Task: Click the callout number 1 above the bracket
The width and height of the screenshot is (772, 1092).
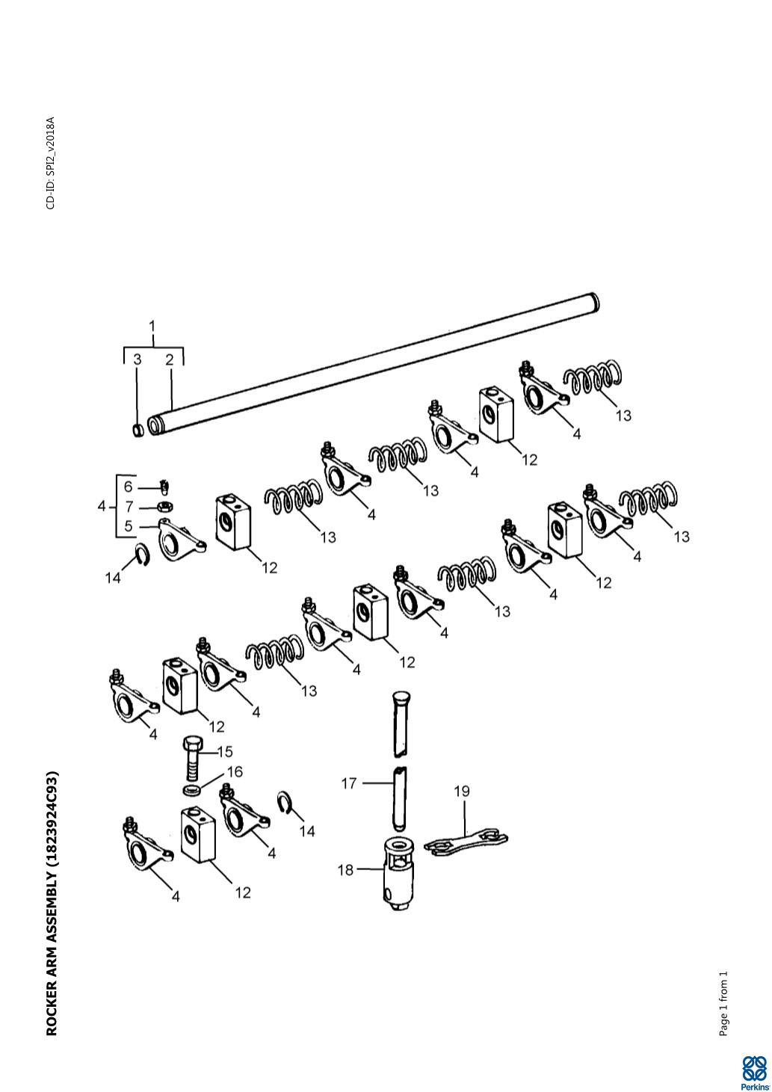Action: pyautogui.click(x=152, y=326)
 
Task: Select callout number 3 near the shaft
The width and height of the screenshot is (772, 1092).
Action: pyautogui.click(x=138, y=360)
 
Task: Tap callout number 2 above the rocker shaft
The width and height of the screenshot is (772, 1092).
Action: pyautogui.click(x=169, y=360)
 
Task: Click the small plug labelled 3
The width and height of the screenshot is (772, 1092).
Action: pyautogui.click(x=138, y=431)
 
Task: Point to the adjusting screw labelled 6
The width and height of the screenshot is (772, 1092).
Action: pyautogui.click(x=164, y=486)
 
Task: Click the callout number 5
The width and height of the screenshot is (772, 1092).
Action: pyautogui.click(x=129, y=526)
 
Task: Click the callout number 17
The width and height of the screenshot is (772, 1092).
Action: pyautogui.click(x=349, y=783)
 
